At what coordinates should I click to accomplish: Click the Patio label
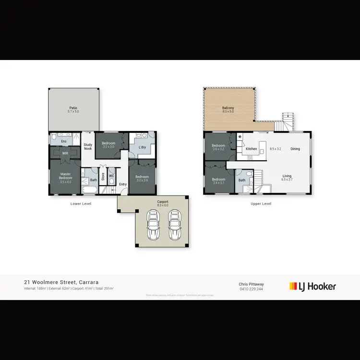(x=73, y=108)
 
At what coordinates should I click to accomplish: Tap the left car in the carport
(x=153, y=225)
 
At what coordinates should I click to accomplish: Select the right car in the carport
(x=173, y=225)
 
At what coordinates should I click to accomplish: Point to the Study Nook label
(x=88, y=146)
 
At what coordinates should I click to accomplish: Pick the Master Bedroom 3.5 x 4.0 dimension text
(x=65, y=182)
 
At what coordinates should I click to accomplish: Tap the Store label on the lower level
(x=103, y=177)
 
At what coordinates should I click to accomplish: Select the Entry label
(x=123, y=184)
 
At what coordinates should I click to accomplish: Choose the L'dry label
(x=142, y=147)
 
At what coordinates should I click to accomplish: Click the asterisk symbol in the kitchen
(x=240, y=138)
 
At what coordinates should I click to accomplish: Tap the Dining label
(x=295, y=149)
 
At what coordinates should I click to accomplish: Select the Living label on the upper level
(x=287, y=176)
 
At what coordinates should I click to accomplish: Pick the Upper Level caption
(x=261, y=204)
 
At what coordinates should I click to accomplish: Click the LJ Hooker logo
(x=312, y=287)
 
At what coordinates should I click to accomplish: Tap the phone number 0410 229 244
(x=252, y=289)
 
